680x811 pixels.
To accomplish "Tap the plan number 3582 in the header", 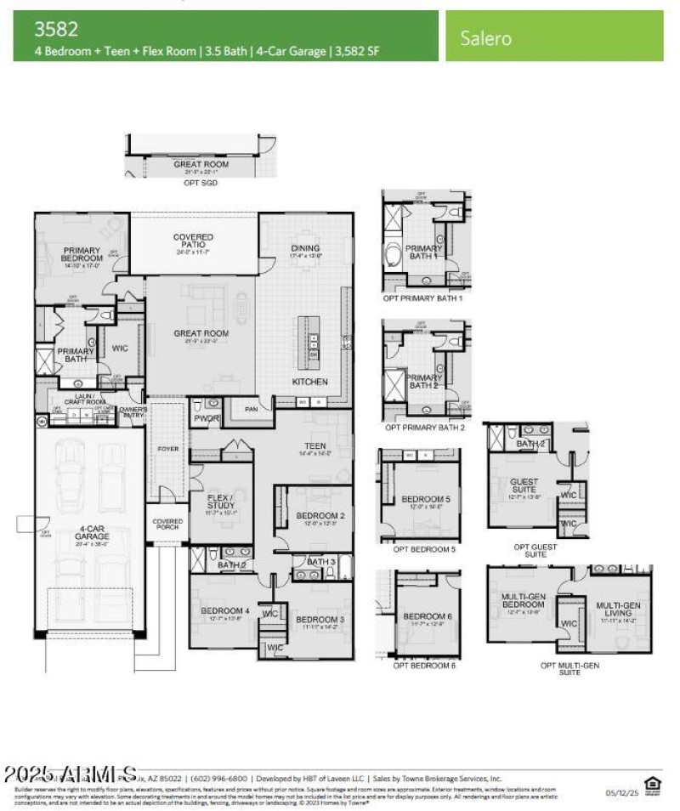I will (56, 29).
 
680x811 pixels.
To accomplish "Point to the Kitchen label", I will (309, 382).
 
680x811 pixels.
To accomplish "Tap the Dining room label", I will (305, 248).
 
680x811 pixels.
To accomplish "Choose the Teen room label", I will (315, 446).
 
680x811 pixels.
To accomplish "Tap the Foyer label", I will (168, 448).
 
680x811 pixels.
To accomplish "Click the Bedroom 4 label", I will (224, 611).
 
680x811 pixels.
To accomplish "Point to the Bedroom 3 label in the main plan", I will (320, 619).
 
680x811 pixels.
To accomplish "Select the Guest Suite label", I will (524, 486).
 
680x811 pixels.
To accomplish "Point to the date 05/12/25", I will (619, 793).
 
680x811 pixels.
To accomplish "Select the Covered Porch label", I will (167, 525).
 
